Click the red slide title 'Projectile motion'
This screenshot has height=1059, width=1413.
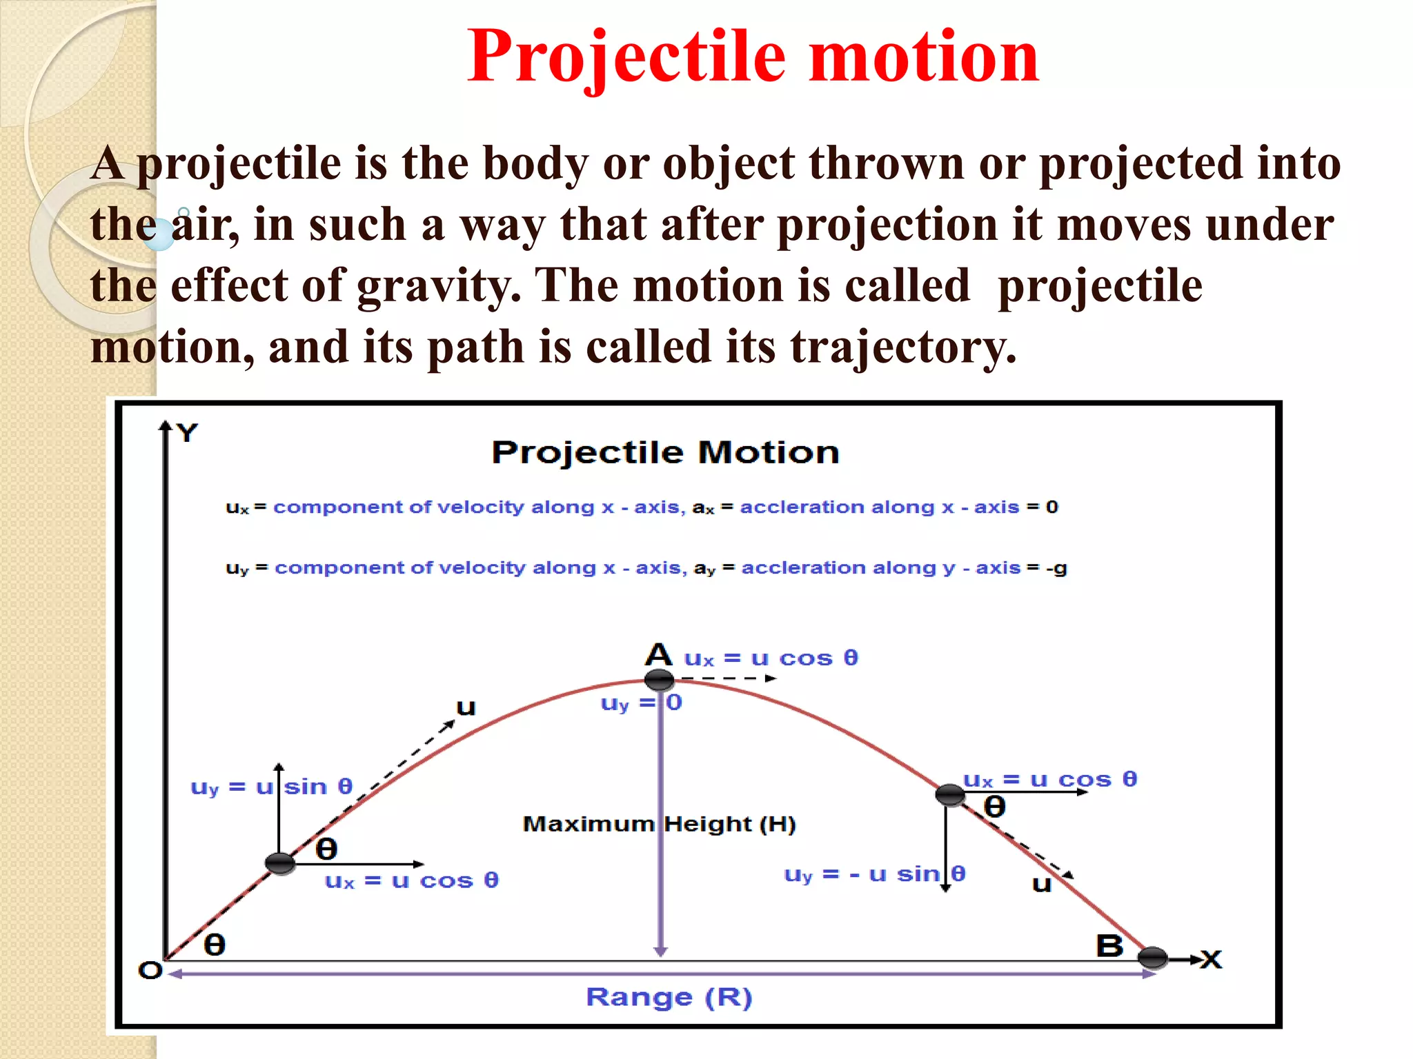click(x=753, y=57)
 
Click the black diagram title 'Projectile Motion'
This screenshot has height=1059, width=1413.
click(x=665, y=453)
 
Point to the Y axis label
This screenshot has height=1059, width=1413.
click(x=187, y=433)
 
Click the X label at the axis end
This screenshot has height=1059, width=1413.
click(x=1211, y=959)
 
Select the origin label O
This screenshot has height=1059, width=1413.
click(x=150, y=971)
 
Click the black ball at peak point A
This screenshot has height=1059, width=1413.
click(x=659, y=680)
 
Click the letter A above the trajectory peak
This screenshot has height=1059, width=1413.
click(x=659, y=654)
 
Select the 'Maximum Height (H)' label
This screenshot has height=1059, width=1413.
click(x=659, y=824)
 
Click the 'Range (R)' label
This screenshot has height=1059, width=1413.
click(x=669, y=998)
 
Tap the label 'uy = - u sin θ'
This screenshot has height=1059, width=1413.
click(x=874, y=874)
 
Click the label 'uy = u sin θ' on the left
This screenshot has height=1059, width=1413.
click(x=271, y=787)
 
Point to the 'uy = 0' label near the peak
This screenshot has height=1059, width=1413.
click(x=641, y=703)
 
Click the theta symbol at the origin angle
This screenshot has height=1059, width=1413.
click(x=215, y=945)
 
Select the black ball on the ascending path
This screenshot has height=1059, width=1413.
click(x=280, y=863)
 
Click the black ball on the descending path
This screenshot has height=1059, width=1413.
click(x=950, y=794)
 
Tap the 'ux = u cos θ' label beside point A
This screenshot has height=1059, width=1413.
click(x=771, y=658)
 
